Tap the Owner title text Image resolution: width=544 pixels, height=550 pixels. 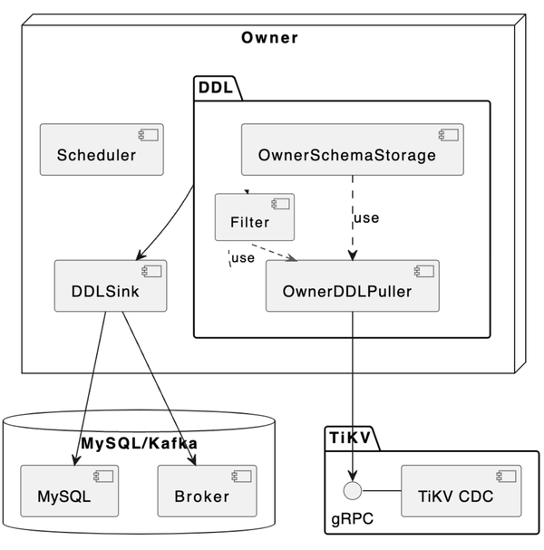(269, 38)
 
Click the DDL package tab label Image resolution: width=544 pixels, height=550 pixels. (215, 88)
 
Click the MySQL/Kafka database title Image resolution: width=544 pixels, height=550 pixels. (139, 443)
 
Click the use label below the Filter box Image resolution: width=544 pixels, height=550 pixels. (242, 259)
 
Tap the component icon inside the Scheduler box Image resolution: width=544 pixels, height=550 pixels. (146, 135)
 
